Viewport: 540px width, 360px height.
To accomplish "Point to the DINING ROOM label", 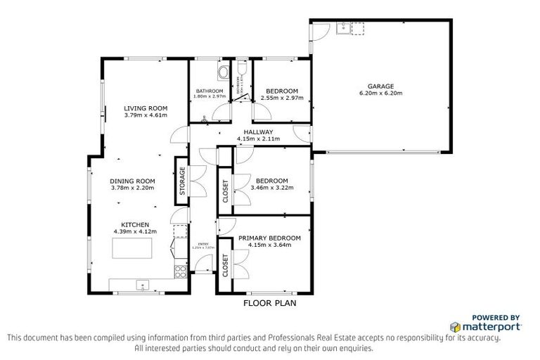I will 131,181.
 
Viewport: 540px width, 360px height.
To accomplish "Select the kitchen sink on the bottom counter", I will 143,285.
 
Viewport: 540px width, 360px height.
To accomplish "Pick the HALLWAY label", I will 258,132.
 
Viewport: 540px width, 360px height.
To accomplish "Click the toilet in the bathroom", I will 223,72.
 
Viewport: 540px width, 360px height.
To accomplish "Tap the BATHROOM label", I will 210,91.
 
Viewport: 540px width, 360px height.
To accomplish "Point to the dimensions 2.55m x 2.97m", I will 281,98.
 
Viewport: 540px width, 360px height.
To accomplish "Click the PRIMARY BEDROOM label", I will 269,238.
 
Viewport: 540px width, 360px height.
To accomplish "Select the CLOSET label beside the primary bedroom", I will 226,266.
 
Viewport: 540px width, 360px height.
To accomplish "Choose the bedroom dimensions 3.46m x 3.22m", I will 272,188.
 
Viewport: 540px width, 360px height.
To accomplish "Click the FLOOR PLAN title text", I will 270,304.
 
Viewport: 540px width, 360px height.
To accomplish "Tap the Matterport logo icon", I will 455,327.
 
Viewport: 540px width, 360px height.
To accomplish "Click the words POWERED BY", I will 495,317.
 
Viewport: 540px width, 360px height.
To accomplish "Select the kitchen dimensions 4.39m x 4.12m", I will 134,231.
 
